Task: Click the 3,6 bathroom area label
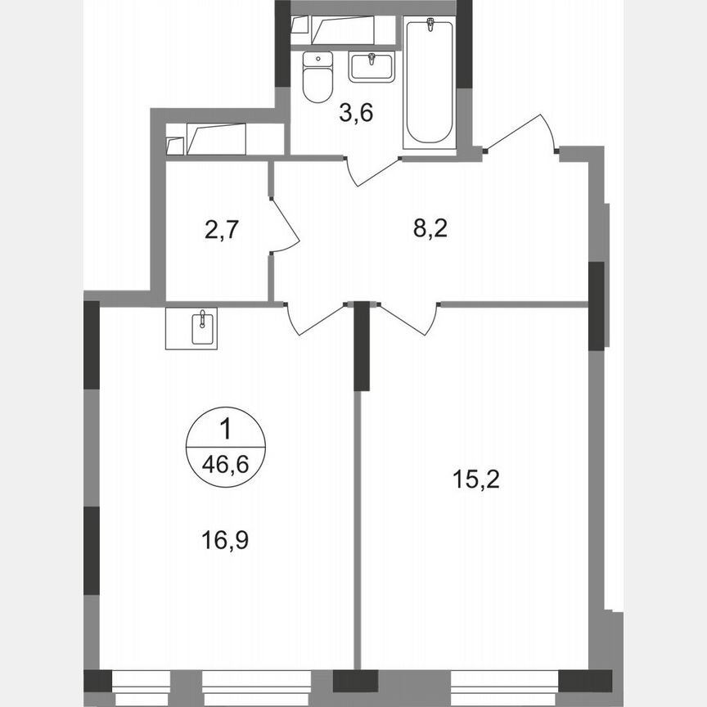coord(356,114)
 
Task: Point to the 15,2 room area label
coord(476,478)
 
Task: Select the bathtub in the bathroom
coord(428,83)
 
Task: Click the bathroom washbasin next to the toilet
coord(372,65)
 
